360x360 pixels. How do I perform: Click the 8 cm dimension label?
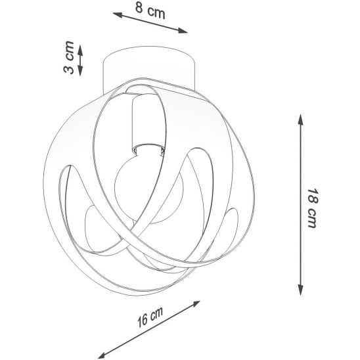(x=150, y=11)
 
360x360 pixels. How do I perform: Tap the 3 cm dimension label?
(x=68, y=57)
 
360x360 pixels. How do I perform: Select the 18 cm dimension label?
(x=313, y=208)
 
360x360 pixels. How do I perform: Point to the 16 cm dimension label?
(x=150, y=317)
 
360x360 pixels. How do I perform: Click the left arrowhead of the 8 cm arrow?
(x=117, y=14)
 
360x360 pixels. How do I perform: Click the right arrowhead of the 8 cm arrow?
(x=183, y=31)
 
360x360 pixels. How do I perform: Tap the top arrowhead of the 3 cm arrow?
(x=80, y=50)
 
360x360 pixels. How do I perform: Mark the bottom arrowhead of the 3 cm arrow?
(x=80, y=71)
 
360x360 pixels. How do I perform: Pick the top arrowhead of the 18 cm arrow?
(x=300, y=120)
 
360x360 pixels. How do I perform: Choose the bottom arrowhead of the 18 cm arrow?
(x=300, y=290)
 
